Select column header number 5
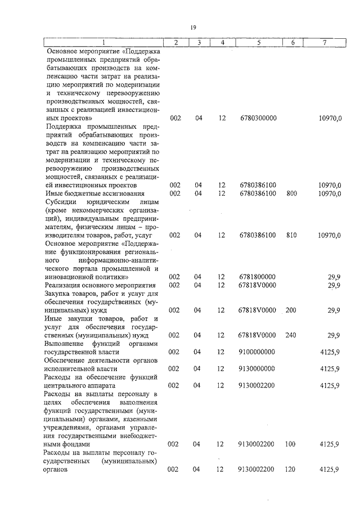pos(258,43)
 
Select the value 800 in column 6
pos(291,193)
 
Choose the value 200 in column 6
pos(291,310)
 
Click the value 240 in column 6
pos(291,335)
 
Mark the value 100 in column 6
pos(291,444)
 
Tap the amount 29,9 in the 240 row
pos(334,335)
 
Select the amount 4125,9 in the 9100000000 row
pos(329,352)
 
